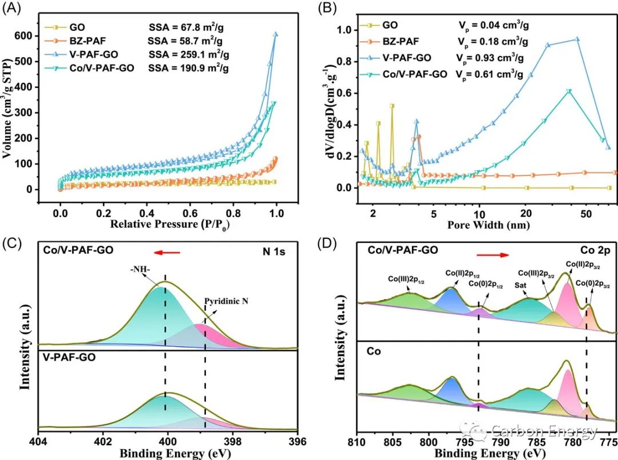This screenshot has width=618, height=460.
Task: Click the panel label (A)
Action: pyautogui.click(x=13, y=10)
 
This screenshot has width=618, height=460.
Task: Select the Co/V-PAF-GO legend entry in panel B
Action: pyautogui.click(x=419, y=74)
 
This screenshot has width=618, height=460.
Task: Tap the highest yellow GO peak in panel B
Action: pyautogui.click(x=392, y=106)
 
